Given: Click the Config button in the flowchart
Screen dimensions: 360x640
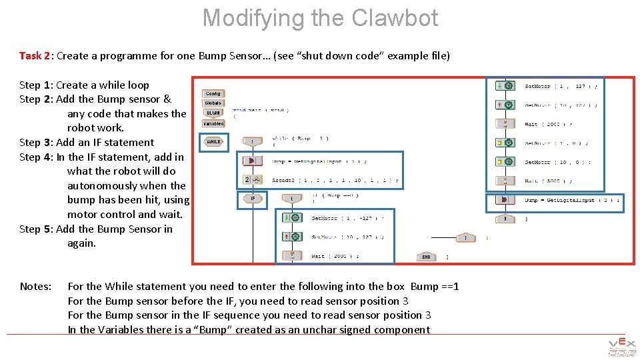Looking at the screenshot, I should pos(213,94).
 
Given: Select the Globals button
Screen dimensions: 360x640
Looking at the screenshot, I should pos(213,103).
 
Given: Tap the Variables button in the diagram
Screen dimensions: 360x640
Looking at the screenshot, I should pos(213,123).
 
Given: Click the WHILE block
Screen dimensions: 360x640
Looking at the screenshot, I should pos(213,141).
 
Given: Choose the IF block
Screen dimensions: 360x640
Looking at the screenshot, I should pos(253,199).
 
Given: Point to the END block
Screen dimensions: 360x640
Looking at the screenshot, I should pos(427,257).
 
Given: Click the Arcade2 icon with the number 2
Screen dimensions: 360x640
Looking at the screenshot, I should pos(251,180).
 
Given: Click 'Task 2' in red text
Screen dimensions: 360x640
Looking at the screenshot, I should pos(35,55).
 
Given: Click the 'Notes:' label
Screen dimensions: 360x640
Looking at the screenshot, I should pos(35,286).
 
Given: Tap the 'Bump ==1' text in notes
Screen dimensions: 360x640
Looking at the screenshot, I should pos(435,286).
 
